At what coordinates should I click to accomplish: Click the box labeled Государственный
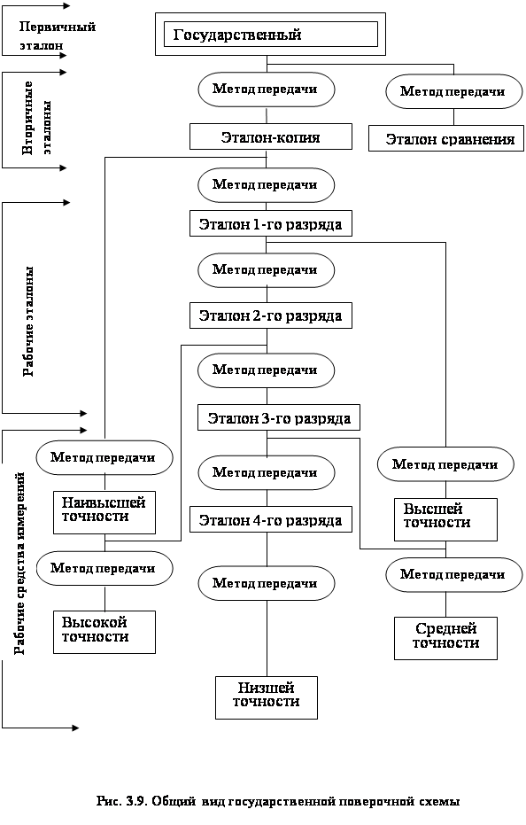coord(270,35)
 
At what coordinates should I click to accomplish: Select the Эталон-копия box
coord(271,136)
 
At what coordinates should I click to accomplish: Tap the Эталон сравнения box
coord(446,138)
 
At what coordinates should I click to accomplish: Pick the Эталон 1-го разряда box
coord(271,223)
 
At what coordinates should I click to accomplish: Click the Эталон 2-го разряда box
coord(271,315)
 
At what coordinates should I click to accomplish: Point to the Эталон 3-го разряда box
coord(279,417)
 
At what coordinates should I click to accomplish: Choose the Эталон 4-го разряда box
coord(271,519)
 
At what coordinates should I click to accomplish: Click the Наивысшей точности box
coord(104,512)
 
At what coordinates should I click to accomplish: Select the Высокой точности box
coord(104,632)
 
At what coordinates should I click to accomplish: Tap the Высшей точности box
coord(445,519)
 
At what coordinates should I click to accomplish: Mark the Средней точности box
coord(445,638)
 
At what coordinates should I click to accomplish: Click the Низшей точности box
coord(267,697)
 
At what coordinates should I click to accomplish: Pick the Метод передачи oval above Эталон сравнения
coord(454,91)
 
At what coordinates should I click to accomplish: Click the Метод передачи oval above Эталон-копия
coord(267,89)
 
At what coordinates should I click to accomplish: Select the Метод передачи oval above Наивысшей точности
coord(104,457)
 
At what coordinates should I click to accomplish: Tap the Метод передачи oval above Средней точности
coord(454,574)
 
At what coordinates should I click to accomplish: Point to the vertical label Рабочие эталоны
coord(29,321)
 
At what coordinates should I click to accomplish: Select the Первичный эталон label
coord(57,35)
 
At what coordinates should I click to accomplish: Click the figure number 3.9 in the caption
coord(135,801)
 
